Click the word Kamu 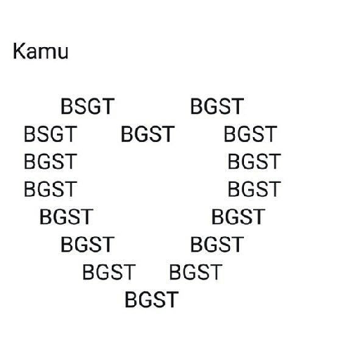(41, 51)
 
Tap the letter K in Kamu (19, 51)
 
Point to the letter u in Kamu (63, 53)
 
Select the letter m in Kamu (46, 53)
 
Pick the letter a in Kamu (31, 53)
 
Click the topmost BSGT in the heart (88, 106)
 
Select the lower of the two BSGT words (51, 134)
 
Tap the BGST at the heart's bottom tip (152, 300)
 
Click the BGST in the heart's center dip (148, 134)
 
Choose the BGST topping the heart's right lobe (217, 106)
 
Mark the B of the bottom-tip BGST (131, 300)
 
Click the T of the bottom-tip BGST (172, 300)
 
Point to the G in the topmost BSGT (94, 106)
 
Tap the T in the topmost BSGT (108, 106)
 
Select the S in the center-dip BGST (155, 134)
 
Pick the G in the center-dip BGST (141, 134)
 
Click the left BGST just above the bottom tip (109, 272)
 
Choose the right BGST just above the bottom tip (195, 272)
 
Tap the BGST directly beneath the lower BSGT (51, 162)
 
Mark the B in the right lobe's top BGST (196, 106)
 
